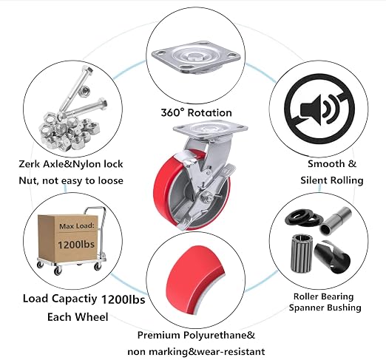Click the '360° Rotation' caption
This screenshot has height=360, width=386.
196,112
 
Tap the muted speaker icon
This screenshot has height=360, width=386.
319,109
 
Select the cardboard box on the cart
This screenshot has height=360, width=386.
68,238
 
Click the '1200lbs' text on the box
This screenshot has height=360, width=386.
76,245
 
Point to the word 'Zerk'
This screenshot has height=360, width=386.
30,164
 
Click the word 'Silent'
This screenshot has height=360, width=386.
314,180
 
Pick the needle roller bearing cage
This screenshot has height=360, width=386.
302,254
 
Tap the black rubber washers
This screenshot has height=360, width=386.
304,217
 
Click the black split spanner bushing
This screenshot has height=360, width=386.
332,257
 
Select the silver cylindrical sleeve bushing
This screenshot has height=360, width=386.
336,221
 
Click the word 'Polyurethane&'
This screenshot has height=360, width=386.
220,335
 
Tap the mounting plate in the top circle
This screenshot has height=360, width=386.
196,58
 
